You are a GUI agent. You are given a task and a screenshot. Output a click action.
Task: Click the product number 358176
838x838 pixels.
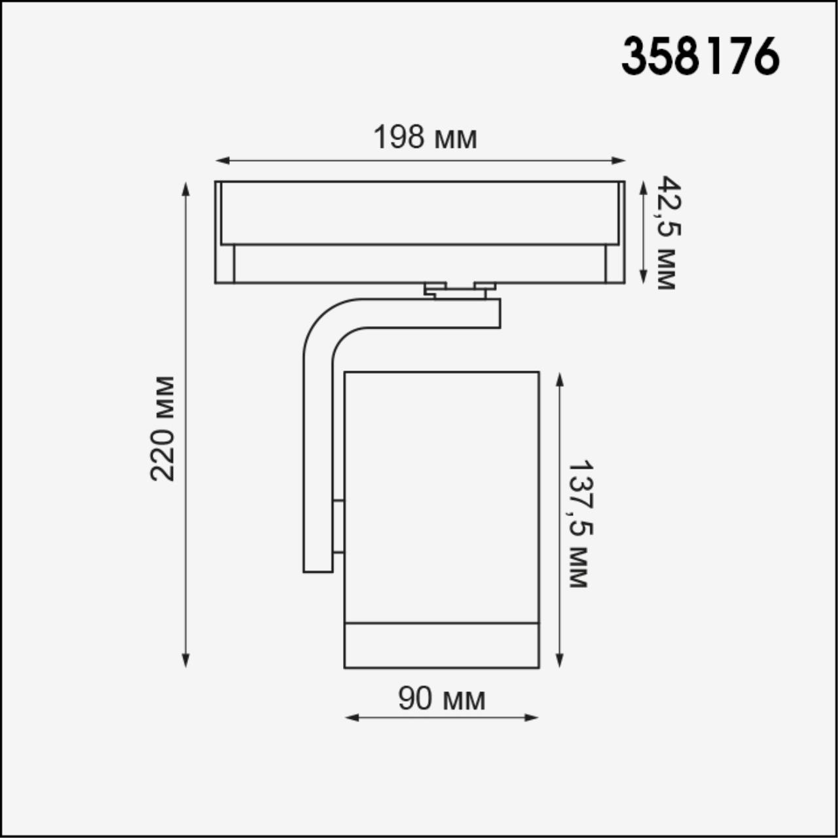[x=700, y=56]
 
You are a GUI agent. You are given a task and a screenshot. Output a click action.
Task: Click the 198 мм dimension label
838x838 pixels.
[x=425, y=137]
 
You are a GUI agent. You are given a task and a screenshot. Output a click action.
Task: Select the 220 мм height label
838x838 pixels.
[x=162, y=429]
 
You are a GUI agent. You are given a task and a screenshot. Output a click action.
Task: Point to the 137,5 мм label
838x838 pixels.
[x=579, y=523]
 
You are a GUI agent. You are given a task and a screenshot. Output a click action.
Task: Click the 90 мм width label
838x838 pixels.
[x=442, y=699]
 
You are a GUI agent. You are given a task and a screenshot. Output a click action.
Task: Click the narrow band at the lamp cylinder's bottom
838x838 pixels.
[x=442, y=646]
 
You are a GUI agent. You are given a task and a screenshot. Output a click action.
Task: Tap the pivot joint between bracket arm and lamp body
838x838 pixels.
[x=338, y=527]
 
